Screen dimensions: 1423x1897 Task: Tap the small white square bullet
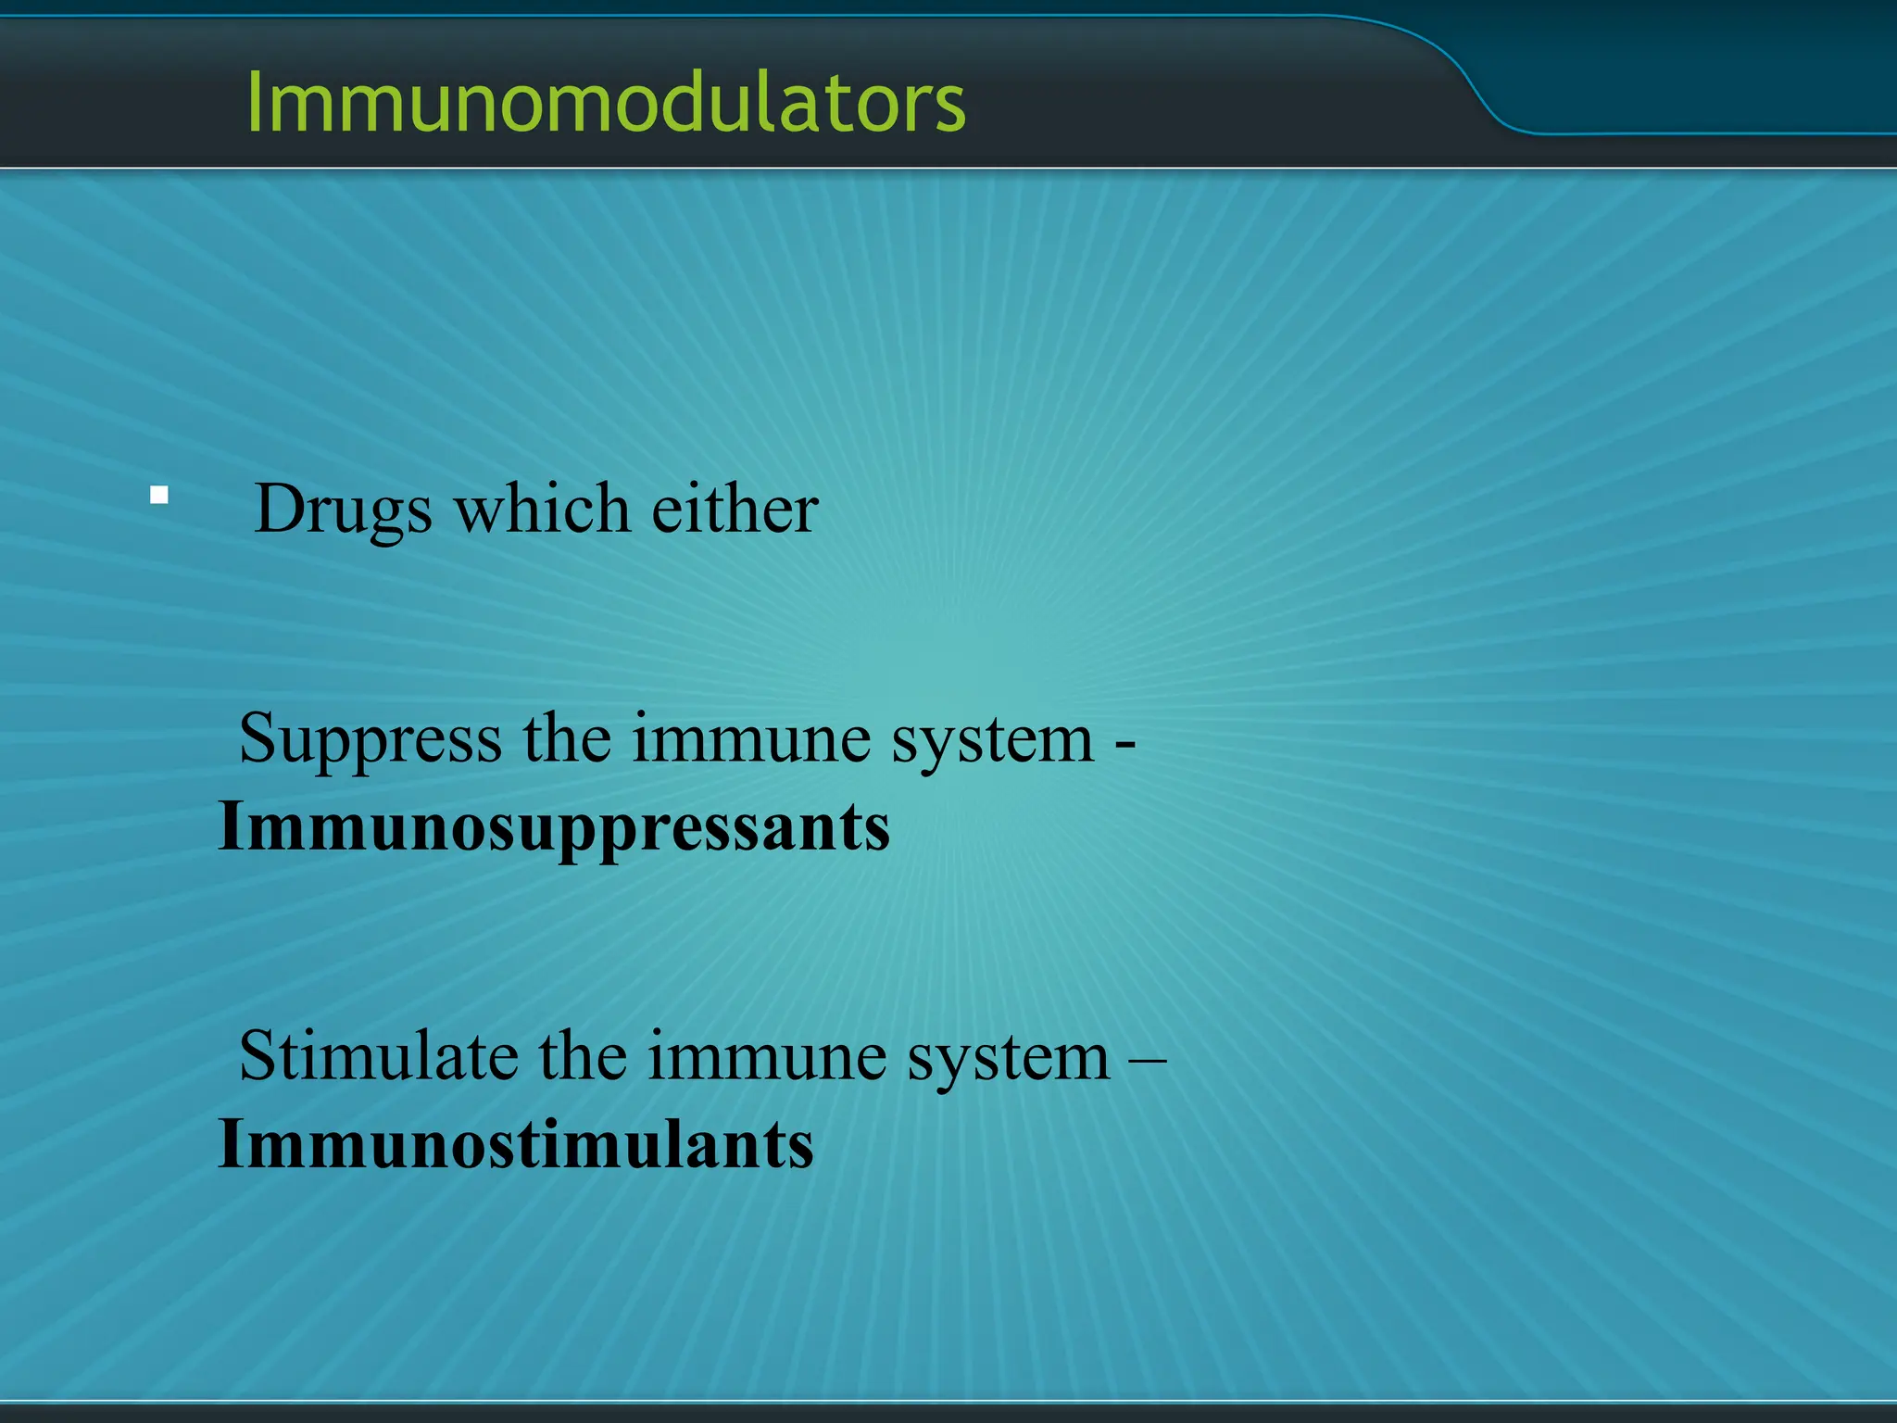(x=159, y=495)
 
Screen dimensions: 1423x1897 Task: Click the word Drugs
(x=343, y=510)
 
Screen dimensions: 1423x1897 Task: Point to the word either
(x=735, y=510)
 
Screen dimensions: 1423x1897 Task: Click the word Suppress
(x=371, y=739)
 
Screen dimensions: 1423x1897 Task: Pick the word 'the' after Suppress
(x=567, y=739)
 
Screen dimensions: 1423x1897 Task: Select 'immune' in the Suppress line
(x=751, y=739)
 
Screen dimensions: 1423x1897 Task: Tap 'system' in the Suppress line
(x=992, y=739)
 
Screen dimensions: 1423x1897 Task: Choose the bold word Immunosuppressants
(x=554, y=826)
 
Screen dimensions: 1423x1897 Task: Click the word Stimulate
(x=378, y=1056)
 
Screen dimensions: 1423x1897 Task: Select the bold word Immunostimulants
(x=515, y=1145)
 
